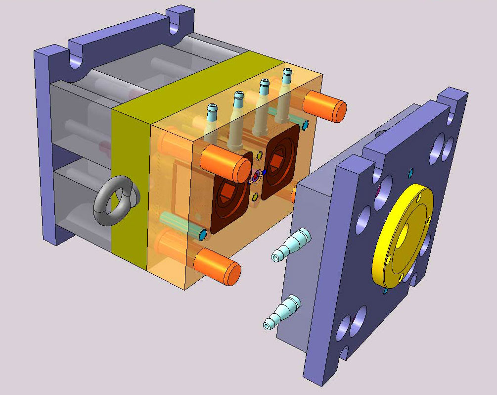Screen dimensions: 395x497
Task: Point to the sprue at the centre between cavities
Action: (x=256, y=176)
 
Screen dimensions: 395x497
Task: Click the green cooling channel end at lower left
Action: (x=202, y=234)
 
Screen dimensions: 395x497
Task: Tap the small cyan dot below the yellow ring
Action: (x=385, y=291)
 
